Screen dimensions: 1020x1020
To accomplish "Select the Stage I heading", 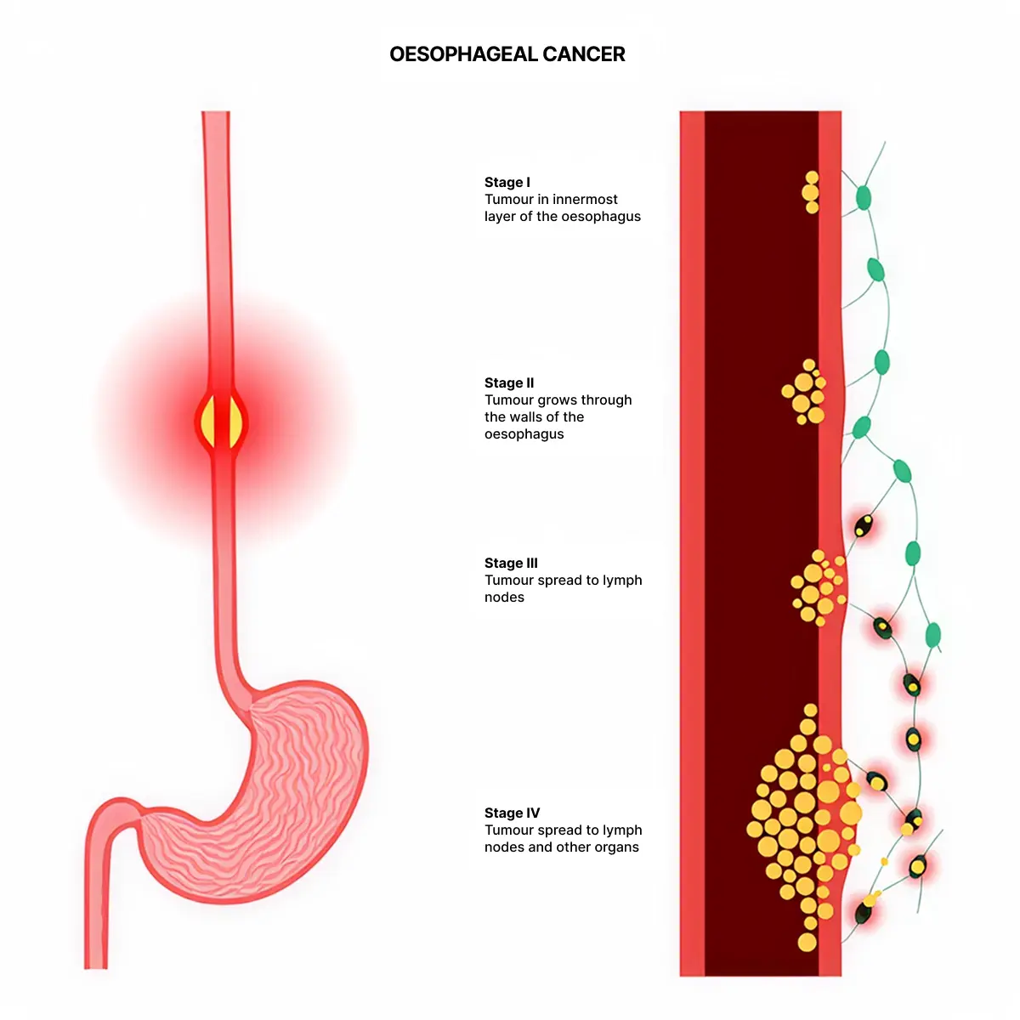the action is (x=507, y=182).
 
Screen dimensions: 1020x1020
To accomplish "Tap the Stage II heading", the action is (x=508, y=382).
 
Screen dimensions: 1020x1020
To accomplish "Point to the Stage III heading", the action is (x=511, y=563).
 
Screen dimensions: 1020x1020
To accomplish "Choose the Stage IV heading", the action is (x=512, y=813).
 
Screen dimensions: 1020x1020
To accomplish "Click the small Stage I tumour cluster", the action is (x=811, y=192).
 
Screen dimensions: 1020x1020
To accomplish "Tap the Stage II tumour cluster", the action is (x=804, y=392).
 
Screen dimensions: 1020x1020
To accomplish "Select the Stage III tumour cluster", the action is (x=819, y=587).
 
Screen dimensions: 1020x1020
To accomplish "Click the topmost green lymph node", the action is (x=864, y=197).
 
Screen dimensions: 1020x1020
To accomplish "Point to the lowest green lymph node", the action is (x=932, y=634).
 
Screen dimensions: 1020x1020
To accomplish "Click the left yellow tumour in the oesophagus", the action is (x=208, y=422).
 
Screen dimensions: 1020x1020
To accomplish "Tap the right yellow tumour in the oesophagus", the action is (x=235, y=422).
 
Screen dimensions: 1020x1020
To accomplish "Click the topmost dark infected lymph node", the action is (x=864, y=525).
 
